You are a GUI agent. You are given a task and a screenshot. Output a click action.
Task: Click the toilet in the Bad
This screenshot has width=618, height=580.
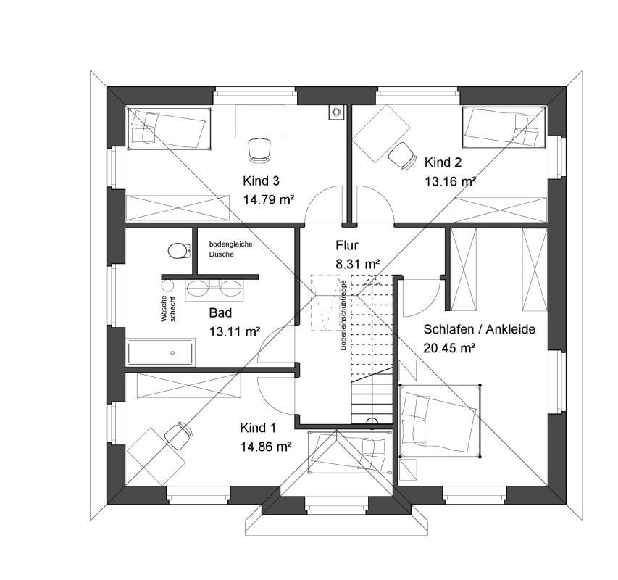179,251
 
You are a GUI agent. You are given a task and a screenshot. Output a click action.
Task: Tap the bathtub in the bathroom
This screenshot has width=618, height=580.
160,352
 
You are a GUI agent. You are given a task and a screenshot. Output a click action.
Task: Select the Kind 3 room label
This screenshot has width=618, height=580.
261,181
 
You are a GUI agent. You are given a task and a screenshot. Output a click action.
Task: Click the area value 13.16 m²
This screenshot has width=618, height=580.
450,182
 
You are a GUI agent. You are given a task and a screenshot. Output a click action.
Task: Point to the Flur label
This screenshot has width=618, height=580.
347,245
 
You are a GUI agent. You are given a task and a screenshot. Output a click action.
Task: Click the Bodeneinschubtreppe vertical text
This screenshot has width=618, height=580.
343,315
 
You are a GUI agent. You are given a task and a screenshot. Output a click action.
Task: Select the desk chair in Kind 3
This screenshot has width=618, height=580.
259,150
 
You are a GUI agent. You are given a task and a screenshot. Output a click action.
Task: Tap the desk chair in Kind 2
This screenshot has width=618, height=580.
402,156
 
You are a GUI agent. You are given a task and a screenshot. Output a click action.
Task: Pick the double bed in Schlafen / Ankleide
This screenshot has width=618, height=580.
440,421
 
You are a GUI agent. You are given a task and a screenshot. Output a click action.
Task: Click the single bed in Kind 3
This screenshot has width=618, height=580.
169,128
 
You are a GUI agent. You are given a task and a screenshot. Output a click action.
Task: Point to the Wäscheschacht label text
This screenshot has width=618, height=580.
168,309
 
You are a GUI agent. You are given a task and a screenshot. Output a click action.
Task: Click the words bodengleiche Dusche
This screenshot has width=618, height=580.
230,249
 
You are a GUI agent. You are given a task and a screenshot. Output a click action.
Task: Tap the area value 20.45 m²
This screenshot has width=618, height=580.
449,348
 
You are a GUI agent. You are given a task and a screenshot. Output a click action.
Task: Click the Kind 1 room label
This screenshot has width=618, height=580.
258,428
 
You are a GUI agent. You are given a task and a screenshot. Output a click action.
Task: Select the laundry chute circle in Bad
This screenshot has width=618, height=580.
168,285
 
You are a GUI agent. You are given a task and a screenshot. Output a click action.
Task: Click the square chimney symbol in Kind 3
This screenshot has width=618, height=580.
336,112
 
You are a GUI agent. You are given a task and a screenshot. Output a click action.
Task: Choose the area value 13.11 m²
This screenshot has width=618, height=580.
235,331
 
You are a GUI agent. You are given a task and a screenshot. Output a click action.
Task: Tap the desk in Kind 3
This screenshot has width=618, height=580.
261,122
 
